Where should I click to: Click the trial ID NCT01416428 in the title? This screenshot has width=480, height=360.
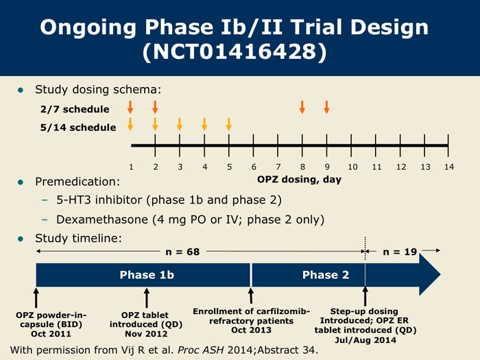(235, 51)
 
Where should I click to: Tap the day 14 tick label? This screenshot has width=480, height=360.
(449, 167)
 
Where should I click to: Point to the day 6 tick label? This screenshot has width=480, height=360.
(254, 167)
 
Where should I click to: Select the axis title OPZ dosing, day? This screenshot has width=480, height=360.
(299, 180)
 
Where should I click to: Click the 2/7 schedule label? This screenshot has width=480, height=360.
(75, 109)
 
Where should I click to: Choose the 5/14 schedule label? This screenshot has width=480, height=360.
(78, 128)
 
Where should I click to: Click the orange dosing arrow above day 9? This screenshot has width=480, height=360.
(326, 107)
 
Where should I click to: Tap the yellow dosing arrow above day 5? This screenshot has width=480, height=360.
(228, 124)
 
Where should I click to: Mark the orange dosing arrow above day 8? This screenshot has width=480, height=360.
(302, 107)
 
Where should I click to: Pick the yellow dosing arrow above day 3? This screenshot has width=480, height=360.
(180, 124)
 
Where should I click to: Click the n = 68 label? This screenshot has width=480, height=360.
(182, 252)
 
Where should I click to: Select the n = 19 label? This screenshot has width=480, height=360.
(400, 252)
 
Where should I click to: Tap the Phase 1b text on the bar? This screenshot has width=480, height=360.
(147, 274)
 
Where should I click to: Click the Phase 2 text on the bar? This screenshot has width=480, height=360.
(326, 274)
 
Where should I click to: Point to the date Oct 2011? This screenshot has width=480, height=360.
(51, 334)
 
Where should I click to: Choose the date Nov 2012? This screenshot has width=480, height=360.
(146, 334)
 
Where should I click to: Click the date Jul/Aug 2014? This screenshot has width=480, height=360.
(365, 340)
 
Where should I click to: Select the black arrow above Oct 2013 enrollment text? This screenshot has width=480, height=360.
(251, 296)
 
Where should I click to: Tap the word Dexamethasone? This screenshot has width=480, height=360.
(102, 219)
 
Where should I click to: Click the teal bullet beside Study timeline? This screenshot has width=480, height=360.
(21, 239)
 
